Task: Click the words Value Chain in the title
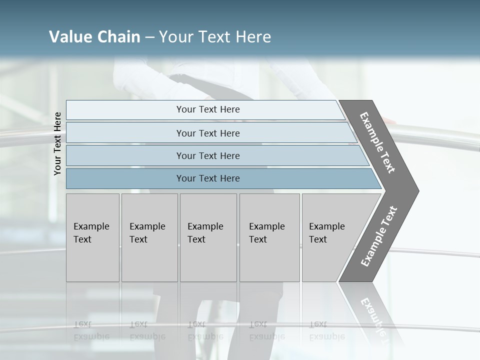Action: pyautogui.click(x=94, y=37)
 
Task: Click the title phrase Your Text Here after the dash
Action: pyautogui.click(x=215, y=37)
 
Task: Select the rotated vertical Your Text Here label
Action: pyautogui.click(x=57, y=143)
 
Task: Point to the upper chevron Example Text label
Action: pyautogui.click(x=378, y=142)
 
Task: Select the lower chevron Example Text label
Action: pyautogui.click(x=379, y=236)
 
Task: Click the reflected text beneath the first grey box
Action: pyautogui.click(x=91, y=330)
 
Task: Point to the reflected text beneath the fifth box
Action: pyautogui.click(x=326, y=330)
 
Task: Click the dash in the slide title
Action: pyautogui.click(x=149, y=37)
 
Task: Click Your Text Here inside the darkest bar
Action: pyautogui.click(x=208, y=178)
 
